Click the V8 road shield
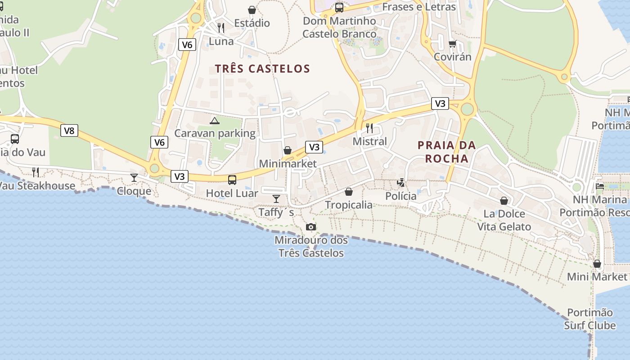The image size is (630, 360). coord(69,130)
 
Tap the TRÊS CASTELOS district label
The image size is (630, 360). coord(262,69)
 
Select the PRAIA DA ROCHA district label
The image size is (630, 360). coord(446,152)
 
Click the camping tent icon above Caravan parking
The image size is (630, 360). coord(215,121)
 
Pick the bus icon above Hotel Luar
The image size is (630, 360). coord(232,180)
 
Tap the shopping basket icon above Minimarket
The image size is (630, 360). coord(288,150)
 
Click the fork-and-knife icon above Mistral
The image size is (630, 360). coord(369,128)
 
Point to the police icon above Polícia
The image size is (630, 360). coord(400,183)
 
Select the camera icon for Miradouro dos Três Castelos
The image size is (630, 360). coord(311,227)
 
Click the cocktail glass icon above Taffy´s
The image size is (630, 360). coord(276,198)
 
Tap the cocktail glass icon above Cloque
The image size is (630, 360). coord(134,177)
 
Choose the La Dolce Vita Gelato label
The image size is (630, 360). coord(504,220)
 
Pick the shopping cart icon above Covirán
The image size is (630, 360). coord(452,44)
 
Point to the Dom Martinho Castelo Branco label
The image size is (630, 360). coord(339,27)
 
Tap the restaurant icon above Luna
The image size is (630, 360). coord(221,28)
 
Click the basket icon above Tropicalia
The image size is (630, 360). coord(349,192)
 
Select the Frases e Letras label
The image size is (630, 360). coord(419,7)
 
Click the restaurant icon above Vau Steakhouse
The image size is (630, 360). coord(36,172)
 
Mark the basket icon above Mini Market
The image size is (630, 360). coord(597,264)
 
